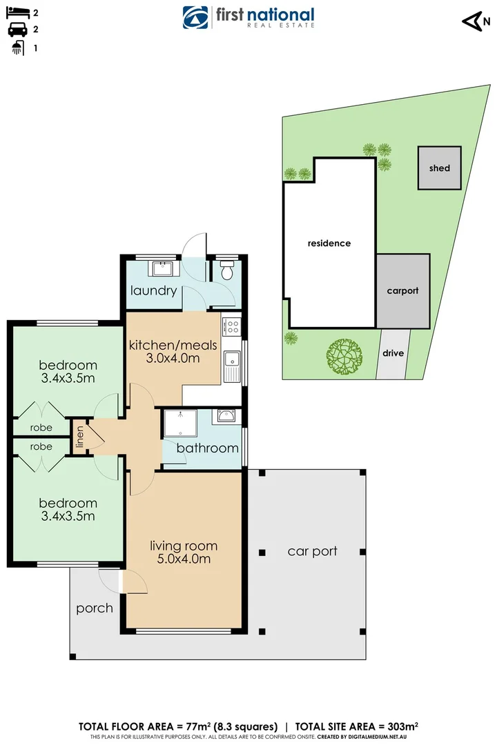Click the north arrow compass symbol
pos(471,21)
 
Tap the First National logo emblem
pos(195,17)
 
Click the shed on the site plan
pos(439,168)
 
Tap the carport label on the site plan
pos(402,290)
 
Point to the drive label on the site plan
pos(393,353)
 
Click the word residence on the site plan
pos(329,243)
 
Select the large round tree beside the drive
pos(344,355)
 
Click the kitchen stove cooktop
pos(233,325)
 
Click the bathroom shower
pos(179,425)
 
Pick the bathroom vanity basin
pos(225,416)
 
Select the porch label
pos(95,608)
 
